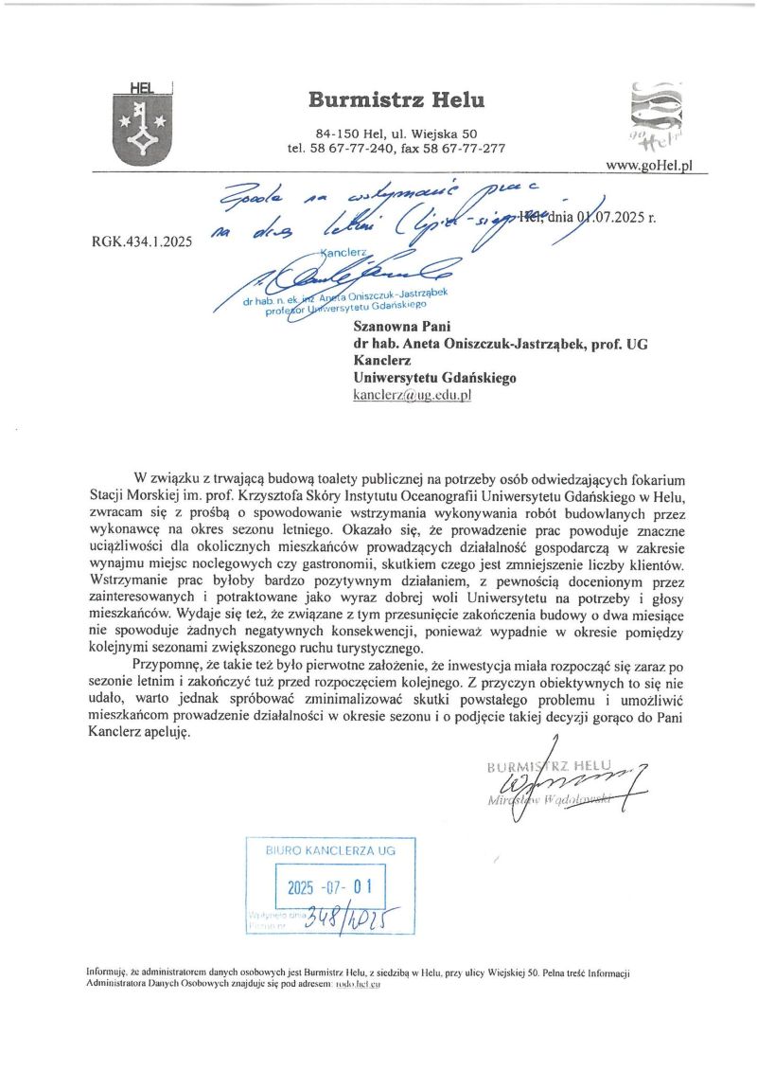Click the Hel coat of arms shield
coord(139,126)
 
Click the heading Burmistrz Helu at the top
coord(396,99)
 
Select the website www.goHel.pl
coord(649,165)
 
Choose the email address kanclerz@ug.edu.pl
coord(412,395)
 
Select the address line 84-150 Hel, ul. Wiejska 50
coord(396,134)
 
